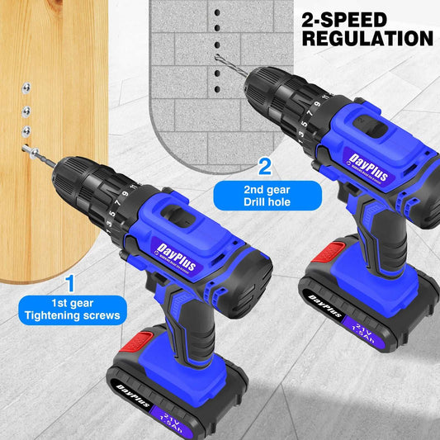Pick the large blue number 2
pos(264,167)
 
